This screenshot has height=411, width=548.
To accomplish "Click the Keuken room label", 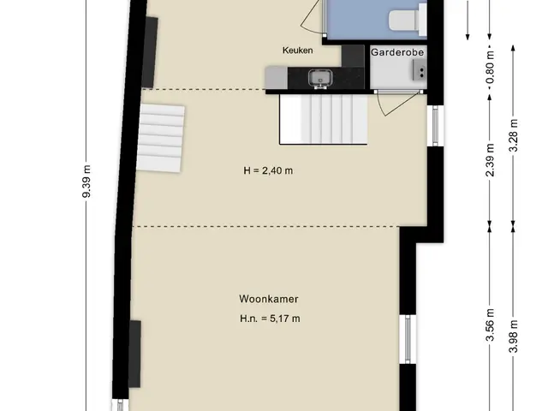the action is click(x=297, y=51).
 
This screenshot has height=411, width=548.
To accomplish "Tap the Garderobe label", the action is click(x=397, y=52).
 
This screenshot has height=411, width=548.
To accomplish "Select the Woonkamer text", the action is click(x=269, y=299).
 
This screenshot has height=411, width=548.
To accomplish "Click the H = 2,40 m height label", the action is click(x=268, y=170).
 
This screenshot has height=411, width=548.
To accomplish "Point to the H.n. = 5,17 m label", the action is click(x=270, y=319).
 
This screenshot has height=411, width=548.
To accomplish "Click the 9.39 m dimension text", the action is click(x=86, y=182).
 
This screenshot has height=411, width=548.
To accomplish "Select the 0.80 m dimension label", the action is click(x=490, y=67).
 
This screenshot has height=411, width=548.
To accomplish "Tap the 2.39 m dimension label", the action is click(x=490, y=160).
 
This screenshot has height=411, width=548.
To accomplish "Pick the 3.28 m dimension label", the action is click(x=514, y=135).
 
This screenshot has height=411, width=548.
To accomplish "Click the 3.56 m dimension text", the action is click(x=490, y=325).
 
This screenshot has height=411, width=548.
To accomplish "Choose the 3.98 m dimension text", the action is click(x=514, y=337).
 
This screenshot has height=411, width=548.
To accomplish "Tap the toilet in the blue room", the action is click(x=408, y=20).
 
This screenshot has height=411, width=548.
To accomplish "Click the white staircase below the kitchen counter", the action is click(x=324, y=120).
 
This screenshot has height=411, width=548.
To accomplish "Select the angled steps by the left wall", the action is click(x=161, y=138).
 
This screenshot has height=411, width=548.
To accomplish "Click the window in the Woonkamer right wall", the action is click(x=408, y=339).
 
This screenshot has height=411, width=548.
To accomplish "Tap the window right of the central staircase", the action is click(x=436, y=126).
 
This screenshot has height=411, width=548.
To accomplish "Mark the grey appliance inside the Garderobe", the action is click(x=420, y=69).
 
